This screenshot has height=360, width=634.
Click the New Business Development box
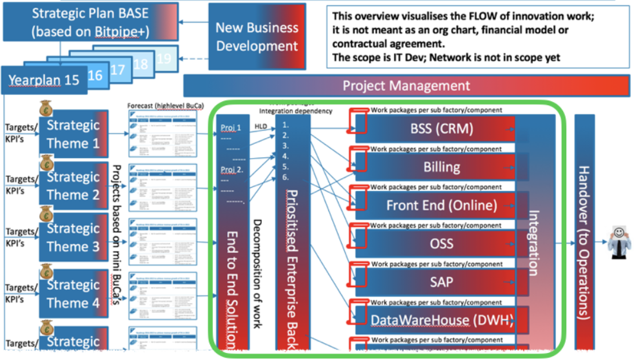click(x=257, y=37)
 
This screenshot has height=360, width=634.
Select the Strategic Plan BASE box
click(x=90, y=23)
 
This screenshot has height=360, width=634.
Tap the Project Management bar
click(x=406, y=86)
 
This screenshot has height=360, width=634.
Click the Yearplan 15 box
click(x=44, y=80)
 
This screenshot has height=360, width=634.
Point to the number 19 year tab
click(x=164, y=59)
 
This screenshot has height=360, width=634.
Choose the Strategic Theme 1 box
click(x=72, y=134)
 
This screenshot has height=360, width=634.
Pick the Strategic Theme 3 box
click(x=72, y=237)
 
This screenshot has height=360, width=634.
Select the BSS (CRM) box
click(x=441, y=129)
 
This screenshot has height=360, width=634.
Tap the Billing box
click(x=441, y=167)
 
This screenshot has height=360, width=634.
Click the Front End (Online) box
click(x=441, y=205)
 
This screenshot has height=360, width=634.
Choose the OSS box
click(x=441, y=244)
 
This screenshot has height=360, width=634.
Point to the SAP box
click(x=441, y=282)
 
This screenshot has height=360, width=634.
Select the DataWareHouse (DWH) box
click(x=441, y=319)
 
